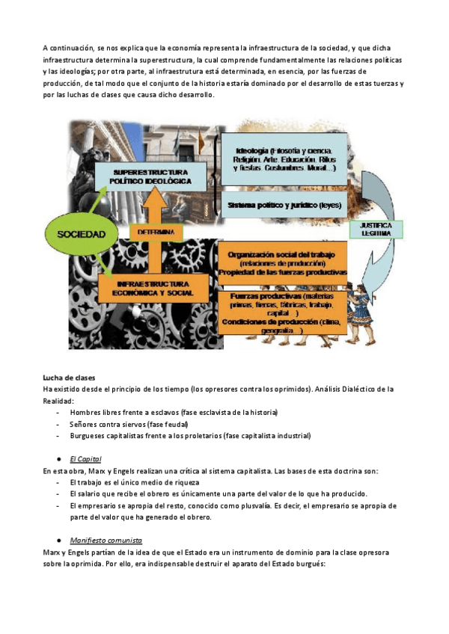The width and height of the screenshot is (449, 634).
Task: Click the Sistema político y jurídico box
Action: pyautogui.click(x=284, y=204)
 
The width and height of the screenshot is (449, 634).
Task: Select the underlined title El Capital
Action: pyautogui.click(x=85, y=458)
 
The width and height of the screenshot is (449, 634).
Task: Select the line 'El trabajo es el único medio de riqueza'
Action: pyautogui.click(x=134, y=482)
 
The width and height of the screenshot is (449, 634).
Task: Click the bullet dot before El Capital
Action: pyautogui.click(x=58, y=458)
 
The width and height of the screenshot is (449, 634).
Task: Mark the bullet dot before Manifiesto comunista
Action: pyautogui.click(x=58, y=540)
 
